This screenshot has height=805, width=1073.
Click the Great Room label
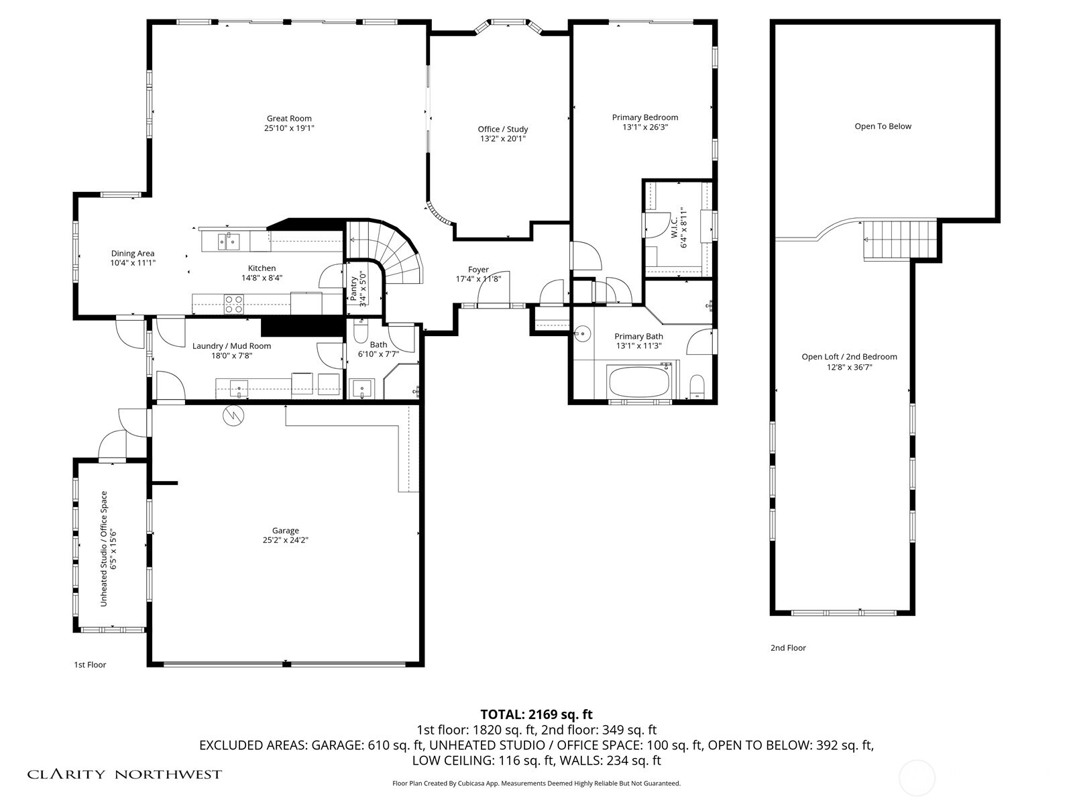(289, 119)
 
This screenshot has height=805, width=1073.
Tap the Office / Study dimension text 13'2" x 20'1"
(502, 139)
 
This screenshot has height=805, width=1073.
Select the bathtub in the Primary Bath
(638, 382)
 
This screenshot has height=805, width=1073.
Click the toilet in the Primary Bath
(697, 386)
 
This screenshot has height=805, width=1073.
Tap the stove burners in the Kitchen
(233, 304)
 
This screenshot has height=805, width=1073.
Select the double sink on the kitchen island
(228, 240)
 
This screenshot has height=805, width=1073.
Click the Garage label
(285, 531)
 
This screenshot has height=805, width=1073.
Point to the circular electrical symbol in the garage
(234, 416)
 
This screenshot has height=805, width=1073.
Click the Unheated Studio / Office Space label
(104, 549)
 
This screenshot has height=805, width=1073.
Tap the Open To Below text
(883, 126)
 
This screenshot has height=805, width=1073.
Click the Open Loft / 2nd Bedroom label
(849, 357)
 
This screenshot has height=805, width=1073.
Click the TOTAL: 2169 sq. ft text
(536, 714)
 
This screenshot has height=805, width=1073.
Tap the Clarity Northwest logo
(124, 774)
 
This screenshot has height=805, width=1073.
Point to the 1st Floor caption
(90, 665)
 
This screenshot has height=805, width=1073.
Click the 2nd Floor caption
(788, 648)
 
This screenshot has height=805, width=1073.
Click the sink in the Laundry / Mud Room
(238, 387)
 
